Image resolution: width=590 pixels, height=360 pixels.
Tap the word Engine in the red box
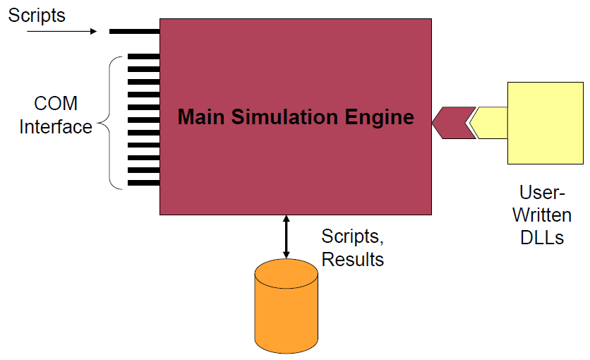380,116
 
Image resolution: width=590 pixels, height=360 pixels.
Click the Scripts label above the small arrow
37,16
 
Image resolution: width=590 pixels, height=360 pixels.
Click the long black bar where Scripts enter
134,31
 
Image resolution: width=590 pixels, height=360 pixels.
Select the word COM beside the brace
56,104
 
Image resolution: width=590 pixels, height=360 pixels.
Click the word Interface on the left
56,127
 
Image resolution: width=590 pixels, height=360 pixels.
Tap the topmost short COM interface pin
143,56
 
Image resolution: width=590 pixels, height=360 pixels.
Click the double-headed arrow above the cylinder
286,236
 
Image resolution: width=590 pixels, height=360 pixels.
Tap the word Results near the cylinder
353,259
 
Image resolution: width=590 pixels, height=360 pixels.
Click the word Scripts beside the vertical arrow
354,236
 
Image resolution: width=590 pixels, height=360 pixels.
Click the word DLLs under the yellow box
541,237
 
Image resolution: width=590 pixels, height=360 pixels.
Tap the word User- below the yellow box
541,192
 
